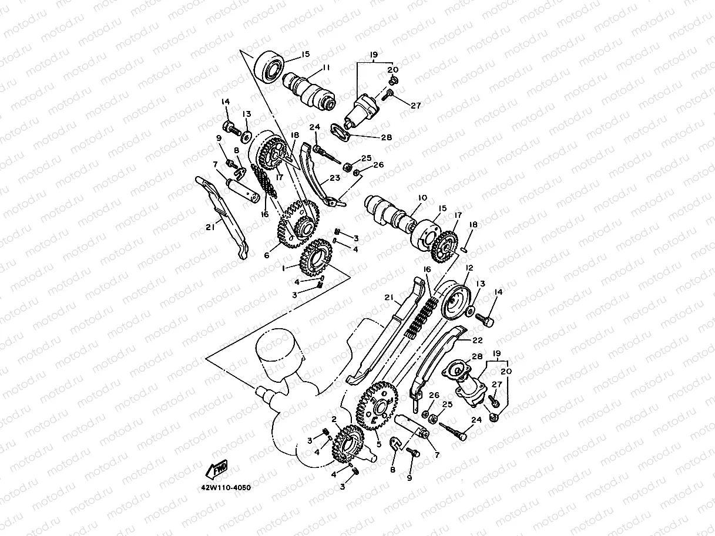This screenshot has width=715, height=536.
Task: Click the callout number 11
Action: click(325, 69)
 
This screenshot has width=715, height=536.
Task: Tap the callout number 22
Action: click(476, 339)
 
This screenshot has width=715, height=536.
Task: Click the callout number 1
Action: click(284, 268)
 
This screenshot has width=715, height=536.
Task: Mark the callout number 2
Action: click(333, 419)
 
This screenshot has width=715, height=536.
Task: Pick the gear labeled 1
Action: click(315, 258)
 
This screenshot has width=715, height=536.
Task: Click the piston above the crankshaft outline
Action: click(278, 359)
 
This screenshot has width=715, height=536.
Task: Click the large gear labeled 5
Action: click(376, 405)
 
